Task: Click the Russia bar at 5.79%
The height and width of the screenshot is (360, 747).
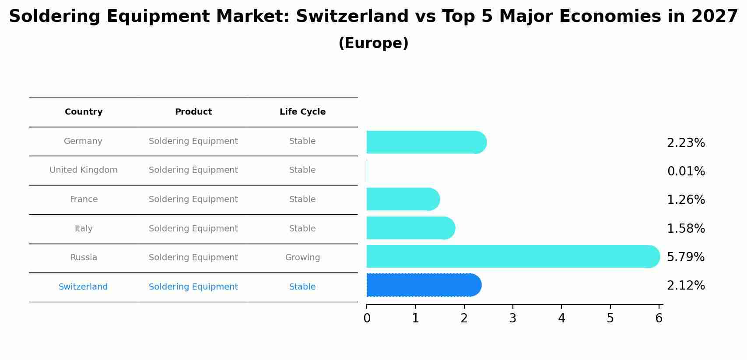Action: pos(512,256)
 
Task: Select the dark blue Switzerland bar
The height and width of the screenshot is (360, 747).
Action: pos(424,285)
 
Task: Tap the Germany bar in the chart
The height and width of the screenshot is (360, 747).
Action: pos(426,142)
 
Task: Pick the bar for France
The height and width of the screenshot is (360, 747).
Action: pos(403,199)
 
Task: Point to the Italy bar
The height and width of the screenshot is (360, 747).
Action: pos(410,228)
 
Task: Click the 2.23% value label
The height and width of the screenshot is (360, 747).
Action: pos(686,143)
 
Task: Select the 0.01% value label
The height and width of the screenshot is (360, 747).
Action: pos(686,171)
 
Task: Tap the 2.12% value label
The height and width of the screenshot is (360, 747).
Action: pos(686,286)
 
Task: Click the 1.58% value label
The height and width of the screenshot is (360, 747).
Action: pos(686,229)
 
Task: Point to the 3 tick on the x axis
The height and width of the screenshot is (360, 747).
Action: pos(512,318)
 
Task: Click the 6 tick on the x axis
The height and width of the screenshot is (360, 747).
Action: pos(659,318)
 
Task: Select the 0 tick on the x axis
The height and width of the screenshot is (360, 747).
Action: pos(367,318)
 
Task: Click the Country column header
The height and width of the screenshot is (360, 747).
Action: pos(84,112)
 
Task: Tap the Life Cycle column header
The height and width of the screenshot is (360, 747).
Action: pos(302,112)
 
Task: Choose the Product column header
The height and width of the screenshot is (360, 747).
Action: pos(193,112)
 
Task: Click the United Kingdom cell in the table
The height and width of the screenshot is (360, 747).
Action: pos(84,170)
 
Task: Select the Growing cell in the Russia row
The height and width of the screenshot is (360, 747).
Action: pos(302,258)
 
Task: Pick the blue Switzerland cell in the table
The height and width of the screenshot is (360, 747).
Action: pos(83,287)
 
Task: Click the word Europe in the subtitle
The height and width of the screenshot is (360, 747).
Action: pos(373,43)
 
